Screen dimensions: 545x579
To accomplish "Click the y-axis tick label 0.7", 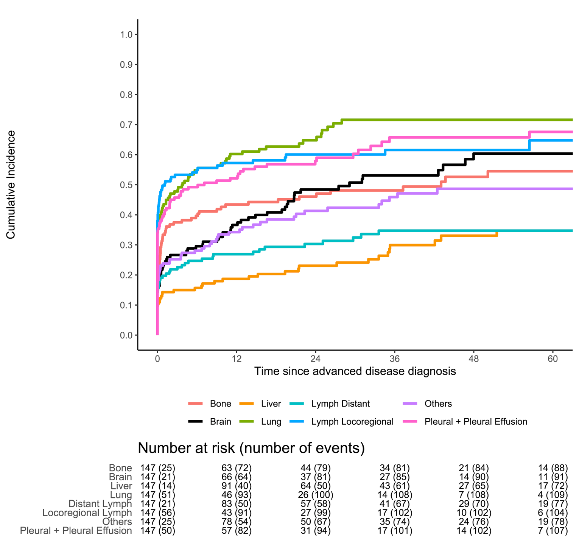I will point(126,125).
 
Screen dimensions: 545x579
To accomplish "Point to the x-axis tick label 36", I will point(395,358).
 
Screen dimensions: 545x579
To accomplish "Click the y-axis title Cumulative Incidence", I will point(11,185).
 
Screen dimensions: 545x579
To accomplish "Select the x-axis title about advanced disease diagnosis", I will point(355,371).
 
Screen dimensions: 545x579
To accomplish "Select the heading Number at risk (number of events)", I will point(251,448).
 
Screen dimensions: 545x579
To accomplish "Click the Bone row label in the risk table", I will point(120,468).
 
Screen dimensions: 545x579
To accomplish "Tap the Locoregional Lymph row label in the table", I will point(87,513).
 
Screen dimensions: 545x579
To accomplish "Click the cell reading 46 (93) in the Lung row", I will point(237,495).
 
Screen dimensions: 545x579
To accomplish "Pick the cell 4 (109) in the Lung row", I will point(553,495).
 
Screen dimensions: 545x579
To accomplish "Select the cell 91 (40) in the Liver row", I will point(237,486).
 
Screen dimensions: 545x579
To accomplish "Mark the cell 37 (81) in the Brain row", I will point(316,477).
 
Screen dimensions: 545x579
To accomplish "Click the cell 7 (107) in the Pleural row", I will point(553,531).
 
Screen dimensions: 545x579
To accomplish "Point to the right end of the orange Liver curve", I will point(497,234).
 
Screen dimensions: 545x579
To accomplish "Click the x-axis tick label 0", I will point(157,358).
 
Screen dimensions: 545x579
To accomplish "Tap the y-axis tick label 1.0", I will point(126,35).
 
